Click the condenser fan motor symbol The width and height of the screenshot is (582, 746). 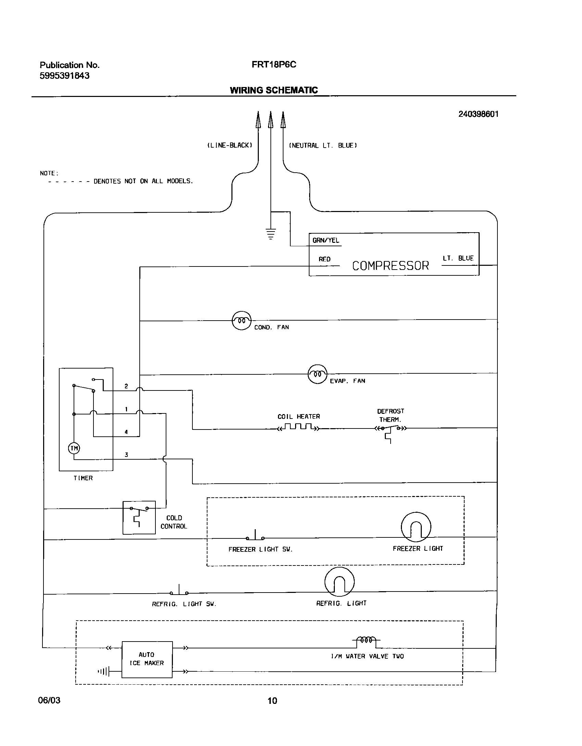[241, 321]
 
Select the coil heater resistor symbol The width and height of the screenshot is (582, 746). [298, 427]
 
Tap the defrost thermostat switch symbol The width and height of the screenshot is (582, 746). [390, 429]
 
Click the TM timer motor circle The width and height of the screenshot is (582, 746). [74, 448]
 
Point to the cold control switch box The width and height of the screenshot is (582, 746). [139, 517]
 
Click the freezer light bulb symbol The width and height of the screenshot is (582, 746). [416, 527]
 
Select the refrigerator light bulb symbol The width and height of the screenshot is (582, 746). [339, 582]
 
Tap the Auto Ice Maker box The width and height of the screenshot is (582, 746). [147, 659]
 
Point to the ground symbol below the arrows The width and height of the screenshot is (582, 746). [270, 233]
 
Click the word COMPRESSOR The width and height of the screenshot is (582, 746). [390, 266]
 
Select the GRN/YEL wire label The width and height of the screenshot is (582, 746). [326, 240]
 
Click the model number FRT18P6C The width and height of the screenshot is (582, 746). [274, 65]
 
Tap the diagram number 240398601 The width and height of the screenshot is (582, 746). [478, 114]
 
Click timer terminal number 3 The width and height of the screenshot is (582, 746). [126, 455]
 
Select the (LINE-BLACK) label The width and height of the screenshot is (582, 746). [230, 146]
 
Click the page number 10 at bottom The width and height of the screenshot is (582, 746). [272, 701]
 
